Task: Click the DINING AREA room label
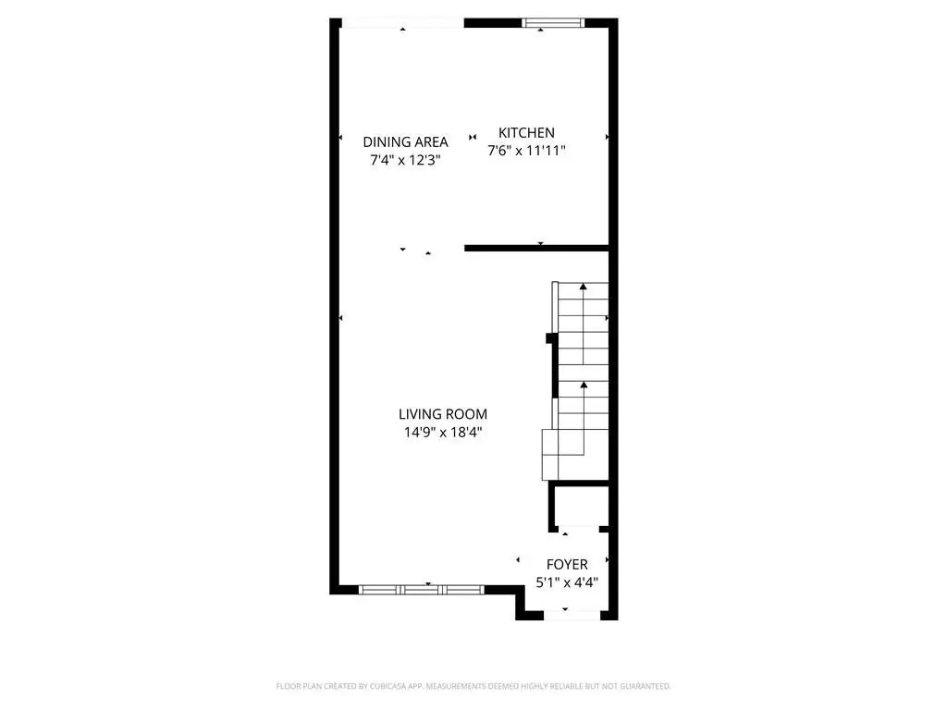(x=405, y=141)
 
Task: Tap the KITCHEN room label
(x=526, y=133)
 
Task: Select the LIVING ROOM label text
(x=443, y=414)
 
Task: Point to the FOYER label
(x=567, y=565)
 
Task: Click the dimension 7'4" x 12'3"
(x=405, y=160)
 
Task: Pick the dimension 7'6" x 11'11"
(x=526, y=151)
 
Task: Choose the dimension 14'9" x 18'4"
(x=443, y=433)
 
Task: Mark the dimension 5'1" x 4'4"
(x=567, y=582)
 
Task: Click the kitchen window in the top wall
(x=553, y=23)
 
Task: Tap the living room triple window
(x=422, y=590)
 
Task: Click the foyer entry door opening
(x=572, y=615)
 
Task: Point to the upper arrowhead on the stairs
(x=583, y=287)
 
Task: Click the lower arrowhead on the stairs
(x=584, y=384)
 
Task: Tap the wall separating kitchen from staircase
(x=536, y=248)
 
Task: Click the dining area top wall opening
(x=403, y=23)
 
